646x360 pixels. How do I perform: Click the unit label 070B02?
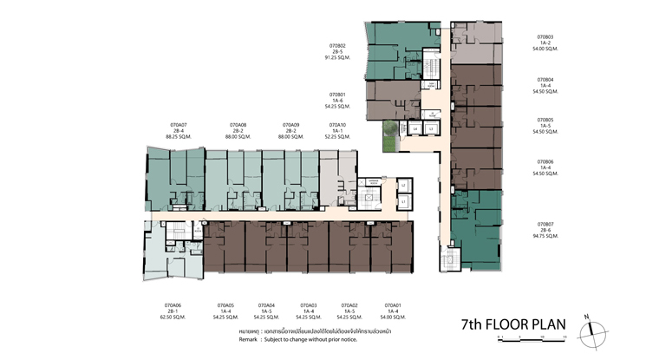(337, 45)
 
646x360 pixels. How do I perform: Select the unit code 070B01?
(337, 95)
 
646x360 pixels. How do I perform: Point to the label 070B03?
(545, 37)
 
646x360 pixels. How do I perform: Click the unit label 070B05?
(545, 120)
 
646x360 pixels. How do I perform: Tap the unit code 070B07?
(545, 224)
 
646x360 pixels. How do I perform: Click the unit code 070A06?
(173, 304)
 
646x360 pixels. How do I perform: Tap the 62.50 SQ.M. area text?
(173, 317)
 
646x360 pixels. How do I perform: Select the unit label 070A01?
(393, 304)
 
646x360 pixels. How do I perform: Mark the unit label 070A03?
(308, 304)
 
